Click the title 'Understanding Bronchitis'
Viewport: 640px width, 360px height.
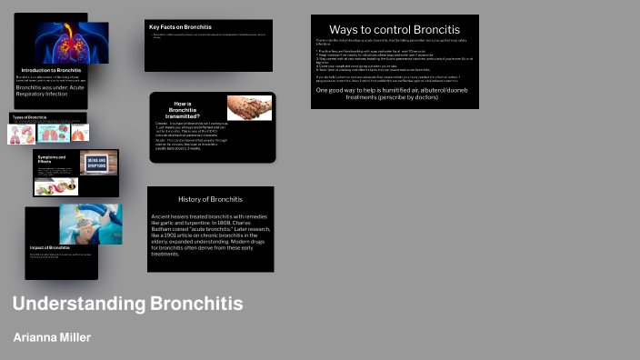(128, 304)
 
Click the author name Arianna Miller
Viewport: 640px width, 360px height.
(52, 337)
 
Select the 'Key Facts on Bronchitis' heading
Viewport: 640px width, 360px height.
(180, 27)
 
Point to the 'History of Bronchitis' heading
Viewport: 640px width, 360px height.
(210, 198)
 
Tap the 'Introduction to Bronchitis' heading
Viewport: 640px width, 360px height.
(52, 70)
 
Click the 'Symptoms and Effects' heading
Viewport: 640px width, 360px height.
(51, 160)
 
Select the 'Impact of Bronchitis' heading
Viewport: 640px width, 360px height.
(50, 247)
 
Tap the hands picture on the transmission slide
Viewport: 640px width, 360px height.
(249, 108)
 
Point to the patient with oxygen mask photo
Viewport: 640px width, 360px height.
(90, 224)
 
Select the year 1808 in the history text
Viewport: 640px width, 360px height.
(225, 223)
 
